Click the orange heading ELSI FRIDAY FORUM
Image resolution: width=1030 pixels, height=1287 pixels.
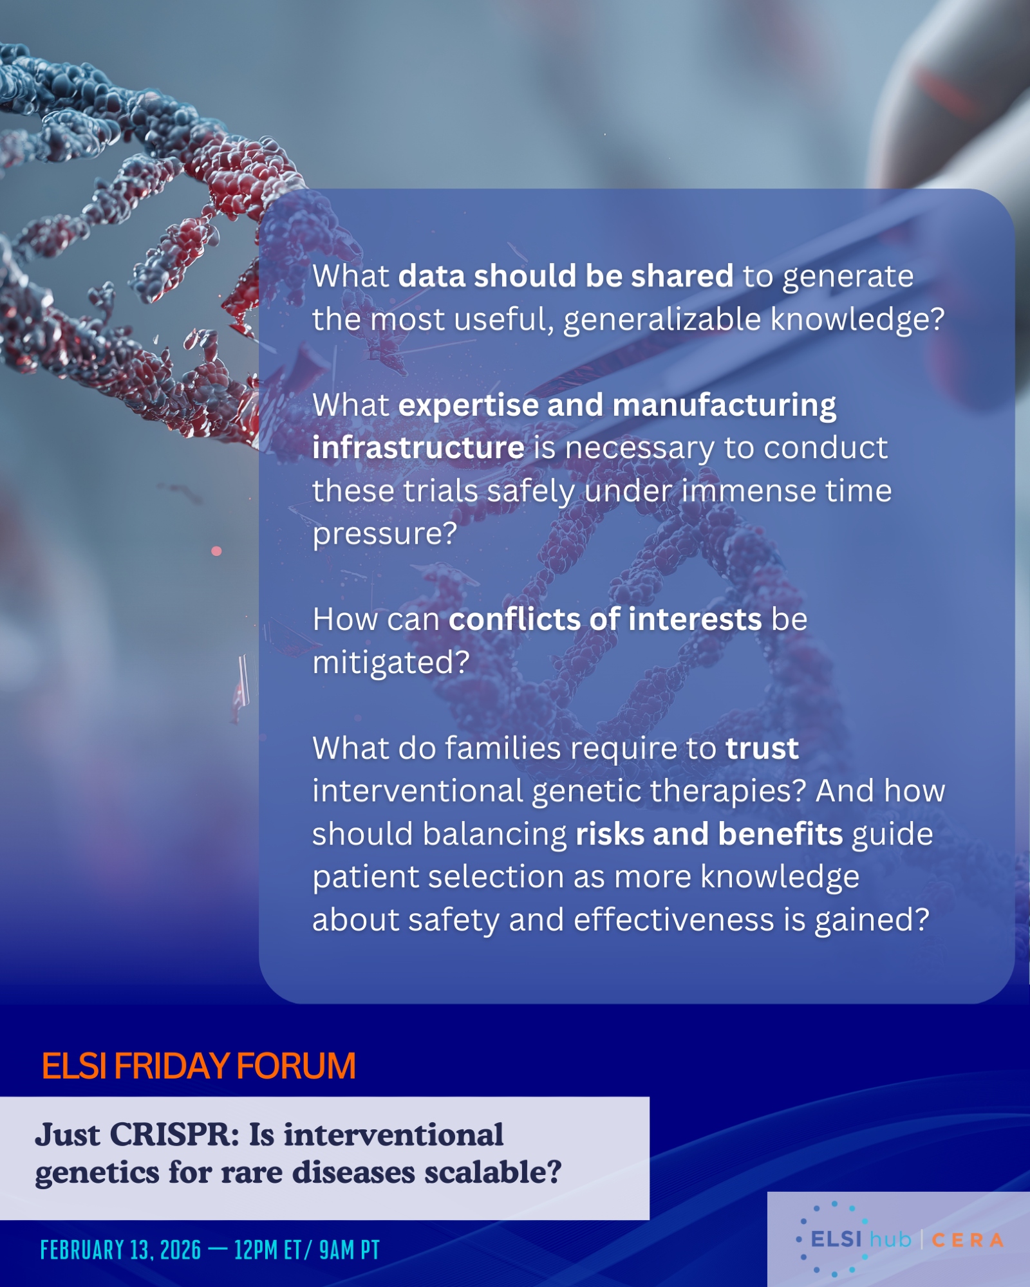point(198,1066)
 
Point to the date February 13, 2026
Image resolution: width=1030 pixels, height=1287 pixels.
point(120,1250)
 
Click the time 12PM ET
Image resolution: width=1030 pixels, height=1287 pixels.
point(268,1250)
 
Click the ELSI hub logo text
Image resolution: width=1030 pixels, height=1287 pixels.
point(861,1239)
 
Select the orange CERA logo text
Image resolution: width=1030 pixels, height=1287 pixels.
point(968,1240)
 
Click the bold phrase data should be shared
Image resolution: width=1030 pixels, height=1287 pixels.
point(566,275)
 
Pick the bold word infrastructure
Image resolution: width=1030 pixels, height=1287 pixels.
point(418,447)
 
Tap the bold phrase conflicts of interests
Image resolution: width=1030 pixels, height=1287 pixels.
point(605,619)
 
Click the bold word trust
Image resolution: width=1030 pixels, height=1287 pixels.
point(762,748)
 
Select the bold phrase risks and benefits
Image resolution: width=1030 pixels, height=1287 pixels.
point(709,834)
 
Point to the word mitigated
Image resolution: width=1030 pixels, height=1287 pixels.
point(391,663)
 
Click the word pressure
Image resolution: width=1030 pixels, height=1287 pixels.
point(384,534)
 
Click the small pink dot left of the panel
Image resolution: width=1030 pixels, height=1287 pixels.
point(216,551)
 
